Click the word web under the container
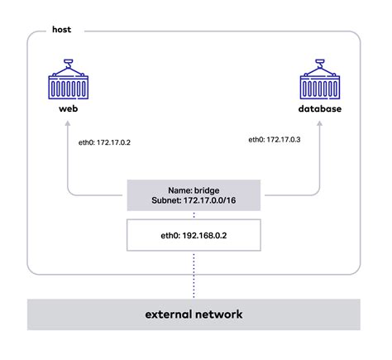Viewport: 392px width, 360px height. click(69, 110)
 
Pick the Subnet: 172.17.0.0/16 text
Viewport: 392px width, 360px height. click(194, 199)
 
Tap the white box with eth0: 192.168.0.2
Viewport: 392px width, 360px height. click(194, 234)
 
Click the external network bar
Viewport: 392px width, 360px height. click(194, 315)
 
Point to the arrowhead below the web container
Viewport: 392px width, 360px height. click(69, 127)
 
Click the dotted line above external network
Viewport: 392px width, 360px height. click(194, 277)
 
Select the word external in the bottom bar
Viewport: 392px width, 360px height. click(171, 315)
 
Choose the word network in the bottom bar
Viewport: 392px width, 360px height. click(221, 315)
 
